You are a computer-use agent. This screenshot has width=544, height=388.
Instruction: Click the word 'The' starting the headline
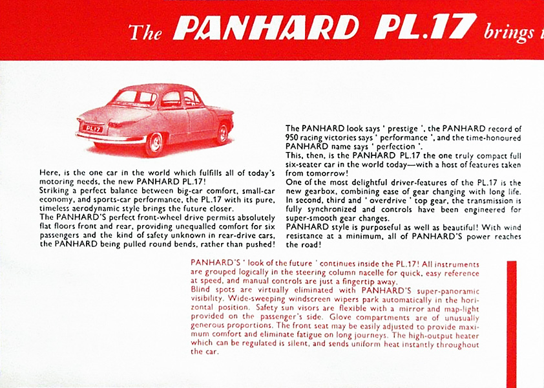click(x=145, y=31)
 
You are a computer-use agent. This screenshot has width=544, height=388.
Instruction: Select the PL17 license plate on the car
click(x=93, y=128)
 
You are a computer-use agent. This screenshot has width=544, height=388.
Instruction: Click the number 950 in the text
click(x=294, y=138)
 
